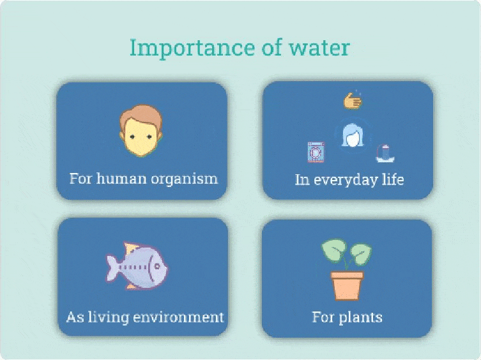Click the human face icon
141,131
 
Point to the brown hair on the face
141,114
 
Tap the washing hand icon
353,100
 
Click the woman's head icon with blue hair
353,135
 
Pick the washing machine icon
316,152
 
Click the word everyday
345,180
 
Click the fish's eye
157,266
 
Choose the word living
109,317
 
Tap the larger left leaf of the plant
334,250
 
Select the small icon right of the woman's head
385,153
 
